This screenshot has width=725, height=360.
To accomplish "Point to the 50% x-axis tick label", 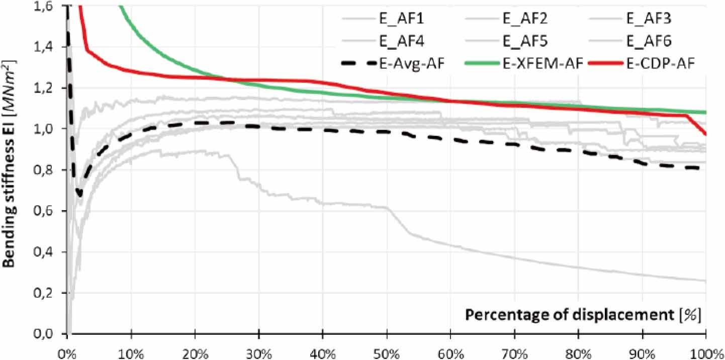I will (387, 350).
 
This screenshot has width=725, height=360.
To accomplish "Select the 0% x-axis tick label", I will (67, 350).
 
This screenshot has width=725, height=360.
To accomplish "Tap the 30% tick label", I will (259, 350).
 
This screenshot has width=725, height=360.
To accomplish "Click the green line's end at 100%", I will (705, 112).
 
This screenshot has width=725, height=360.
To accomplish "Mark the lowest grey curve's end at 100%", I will (705, 281).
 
